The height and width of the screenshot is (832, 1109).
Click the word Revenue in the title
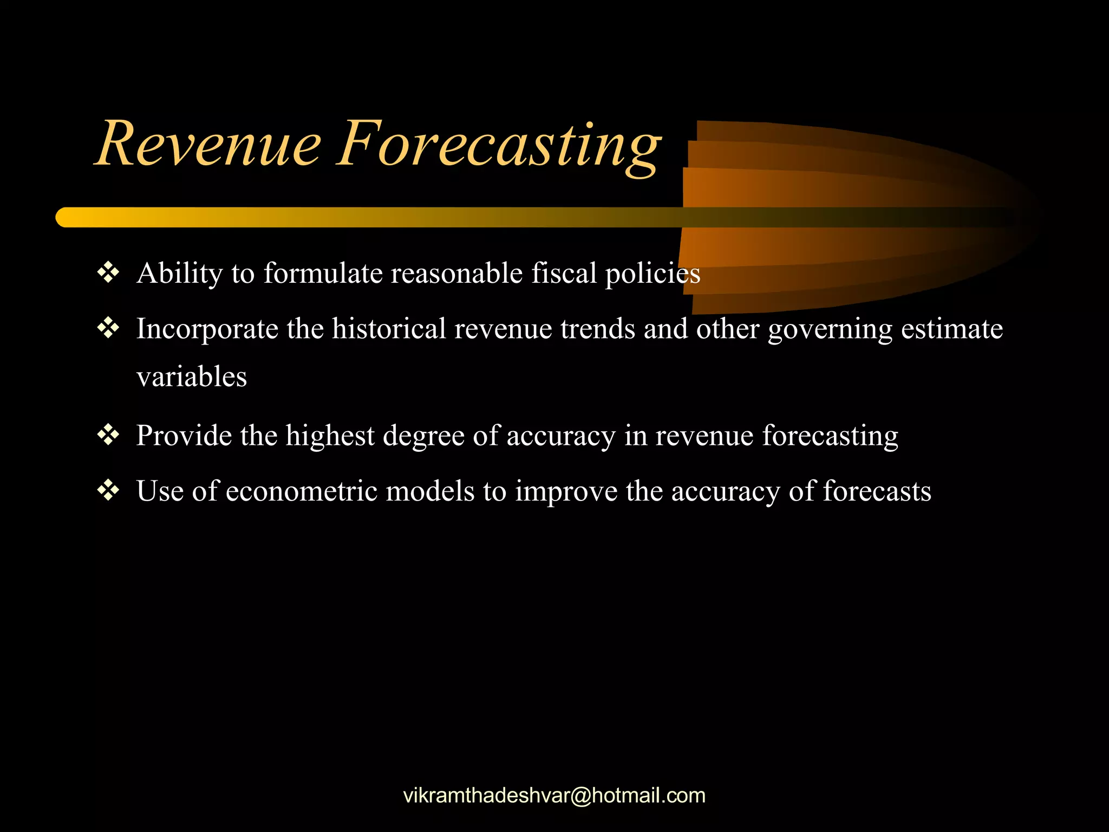click(208, 144)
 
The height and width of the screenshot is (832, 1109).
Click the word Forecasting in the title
click(498, 145)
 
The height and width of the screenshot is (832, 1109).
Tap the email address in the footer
click(554, 796)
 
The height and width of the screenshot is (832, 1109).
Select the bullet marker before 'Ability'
click(108, 272)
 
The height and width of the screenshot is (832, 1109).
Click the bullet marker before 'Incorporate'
click(108, 328)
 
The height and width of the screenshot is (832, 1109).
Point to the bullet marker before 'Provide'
click(108, 435)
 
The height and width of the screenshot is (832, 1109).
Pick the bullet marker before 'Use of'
click(108, 491)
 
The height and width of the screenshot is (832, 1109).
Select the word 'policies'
click(653, 274)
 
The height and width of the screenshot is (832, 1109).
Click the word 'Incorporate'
click(207, 329)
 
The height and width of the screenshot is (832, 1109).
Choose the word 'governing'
click(830, 329)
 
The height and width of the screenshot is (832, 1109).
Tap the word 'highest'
click(330, 436)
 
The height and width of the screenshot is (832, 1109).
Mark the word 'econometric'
click(301, 491)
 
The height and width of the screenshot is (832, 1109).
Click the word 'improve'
click(566, 492)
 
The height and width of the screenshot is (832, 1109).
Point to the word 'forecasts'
click(877, 491)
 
